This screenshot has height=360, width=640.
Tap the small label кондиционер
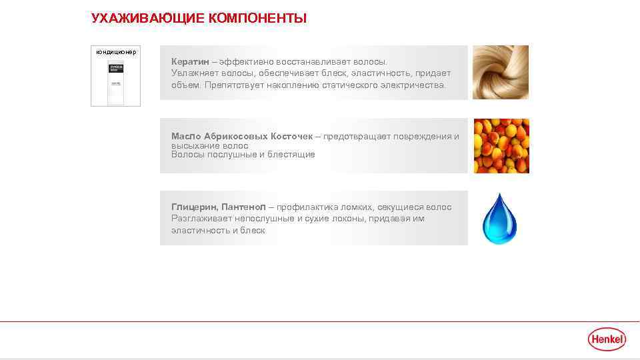point(116,52)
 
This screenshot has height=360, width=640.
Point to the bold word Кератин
point(190,61)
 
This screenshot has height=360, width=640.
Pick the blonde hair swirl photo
point(501,72)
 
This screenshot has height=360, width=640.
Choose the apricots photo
point(501,146)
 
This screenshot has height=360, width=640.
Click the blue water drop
point(499,219)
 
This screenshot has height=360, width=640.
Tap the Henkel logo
point(607,339)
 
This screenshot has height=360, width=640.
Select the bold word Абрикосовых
point(235,137)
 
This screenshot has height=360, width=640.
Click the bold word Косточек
point(291,137)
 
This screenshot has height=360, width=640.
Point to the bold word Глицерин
point(193,207)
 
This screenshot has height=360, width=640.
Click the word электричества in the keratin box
point(413,85)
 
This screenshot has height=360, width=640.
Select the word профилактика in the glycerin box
point(311,207)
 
